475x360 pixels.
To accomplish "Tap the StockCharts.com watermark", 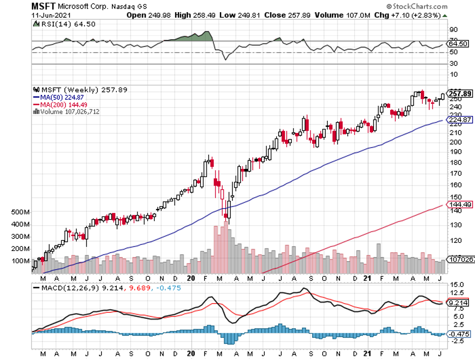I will [416, 7].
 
